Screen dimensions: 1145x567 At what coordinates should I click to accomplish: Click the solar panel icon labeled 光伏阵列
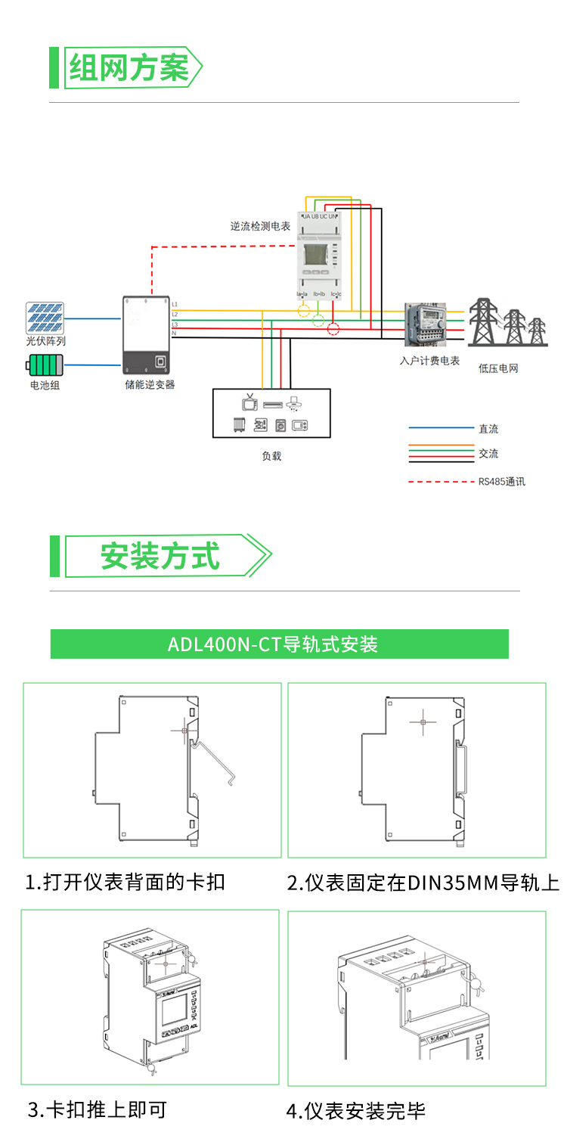pos(45,318)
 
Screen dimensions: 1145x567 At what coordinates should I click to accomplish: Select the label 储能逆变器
pos(150,385)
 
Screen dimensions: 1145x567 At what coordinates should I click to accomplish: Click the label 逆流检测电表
pos(260,226)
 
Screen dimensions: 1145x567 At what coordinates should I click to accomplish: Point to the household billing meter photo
pos(426,325)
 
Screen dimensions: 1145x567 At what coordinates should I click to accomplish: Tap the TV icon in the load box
pos(249,402)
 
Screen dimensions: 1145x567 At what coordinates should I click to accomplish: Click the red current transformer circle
pos(333,328)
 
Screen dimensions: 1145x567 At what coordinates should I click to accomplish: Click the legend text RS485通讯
pos(501,482)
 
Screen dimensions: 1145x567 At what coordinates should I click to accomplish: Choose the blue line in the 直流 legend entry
pos(435,429)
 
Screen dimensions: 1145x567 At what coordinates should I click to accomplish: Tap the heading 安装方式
pos(160,557)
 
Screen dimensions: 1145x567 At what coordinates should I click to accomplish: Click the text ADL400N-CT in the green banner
pos(225,644)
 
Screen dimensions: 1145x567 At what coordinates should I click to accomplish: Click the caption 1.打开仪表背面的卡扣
pos(125,882)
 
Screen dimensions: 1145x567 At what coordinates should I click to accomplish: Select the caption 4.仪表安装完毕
pos(356,1111)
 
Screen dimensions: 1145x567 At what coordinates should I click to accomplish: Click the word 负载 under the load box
pos(271,456)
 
